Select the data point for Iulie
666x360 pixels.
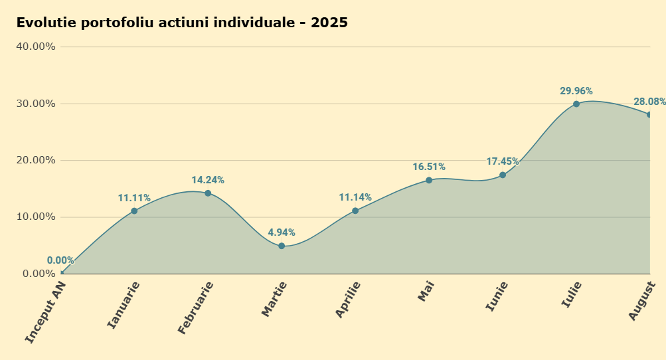point(576,104)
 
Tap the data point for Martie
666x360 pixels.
point(282,246)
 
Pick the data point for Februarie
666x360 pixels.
point(208,193)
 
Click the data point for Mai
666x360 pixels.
point(429,180)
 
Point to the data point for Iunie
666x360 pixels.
point(503,175)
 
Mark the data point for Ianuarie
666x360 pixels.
point(134,211)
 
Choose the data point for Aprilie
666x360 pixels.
point(355,211)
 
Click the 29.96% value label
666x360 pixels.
point(576,91)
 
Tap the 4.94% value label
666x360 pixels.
point(282,232)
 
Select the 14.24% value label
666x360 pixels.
point(208,180)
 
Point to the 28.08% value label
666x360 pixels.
point(649,102)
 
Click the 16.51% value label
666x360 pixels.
point(429,167)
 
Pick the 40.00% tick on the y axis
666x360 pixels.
point(36,46)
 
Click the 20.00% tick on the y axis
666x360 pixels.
point(36,160)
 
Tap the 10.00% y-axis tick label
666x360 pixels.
point(36,217)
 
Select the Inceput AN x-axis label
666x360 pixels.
point(45,312)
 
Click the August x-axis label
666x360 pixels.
point(642,301)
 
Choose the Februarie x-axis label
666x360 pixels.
point(195,308)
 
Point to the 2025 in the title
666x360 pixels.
point(329,23)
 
